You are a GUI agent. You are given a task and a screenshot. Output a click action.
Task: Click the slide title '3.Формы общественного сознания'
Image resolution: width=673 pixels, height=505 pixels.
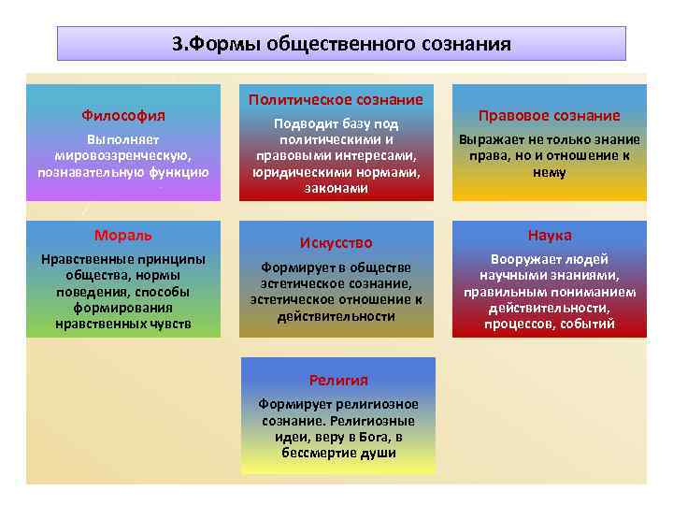[341, 44]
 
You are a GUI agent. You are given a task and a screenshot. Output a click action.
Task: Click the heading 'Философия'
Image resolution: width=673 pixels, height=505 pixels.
[123, 116]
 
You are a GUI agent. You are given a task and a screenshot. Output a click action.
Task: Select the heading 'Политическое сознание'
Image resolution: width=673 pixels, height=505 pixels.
[336, 99]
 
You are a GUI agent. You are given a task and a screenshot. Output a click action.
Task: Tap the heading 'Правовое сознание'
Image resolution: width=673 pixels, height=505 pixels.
[550, 116]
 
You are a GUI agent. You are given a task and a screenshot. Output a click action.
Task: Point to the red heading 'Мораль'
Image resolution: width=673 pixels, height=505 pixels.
[123, 235]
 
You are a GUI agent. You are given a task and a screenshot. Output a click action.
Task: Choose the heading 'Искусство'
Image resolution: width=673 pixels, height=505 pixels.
[336, 243]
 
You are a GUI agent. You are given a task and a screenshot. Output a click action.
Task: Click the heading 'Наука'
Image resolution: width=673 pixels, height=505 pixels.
[550, 235]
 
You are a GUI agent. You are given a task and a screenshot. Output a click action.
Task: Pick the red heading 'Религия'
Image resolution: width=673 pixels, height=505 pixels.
[338, 380]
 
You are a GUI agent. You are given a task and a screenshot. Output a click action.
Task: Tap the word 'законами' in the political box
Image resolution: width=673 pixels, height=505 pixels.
[336, 188]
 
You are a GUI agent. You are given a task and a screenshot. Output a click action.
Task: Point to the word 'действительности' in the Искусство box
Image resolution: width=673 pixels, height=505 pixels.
[336, 316]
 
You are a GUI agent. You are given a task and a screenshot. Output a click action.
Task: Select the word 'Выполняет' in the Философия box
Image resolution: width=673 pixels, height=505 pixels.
[123, 140]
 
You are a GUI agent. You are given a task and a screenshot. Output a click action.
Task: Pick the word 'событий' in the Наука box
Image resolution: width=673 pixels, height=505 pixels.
[589, 325]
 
